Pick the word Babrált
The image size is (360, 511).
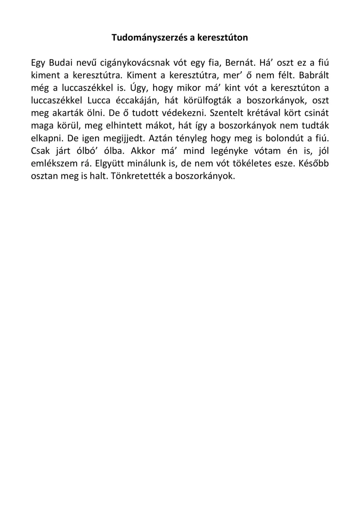pyautogui.click(x=314, y=75)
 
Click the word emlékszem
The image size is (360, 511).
pyautogui.click(x=54, y=164)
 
